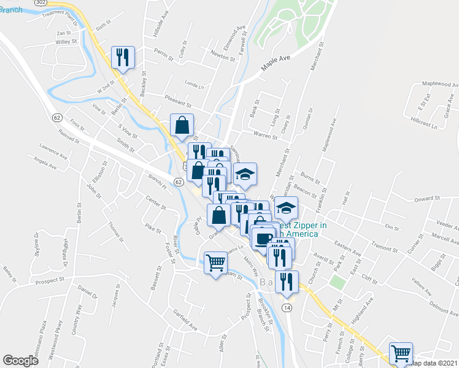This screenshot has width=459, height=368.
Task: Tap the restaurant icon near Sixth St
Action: tap(121, 58)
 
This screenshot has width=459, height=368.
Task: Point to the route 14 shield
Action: tap(287, 307)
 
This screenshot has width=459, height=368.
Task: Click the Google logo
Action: tap(21, 361)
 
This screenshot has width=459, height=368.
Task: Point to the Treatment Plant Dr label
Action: tap(62, 13)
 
